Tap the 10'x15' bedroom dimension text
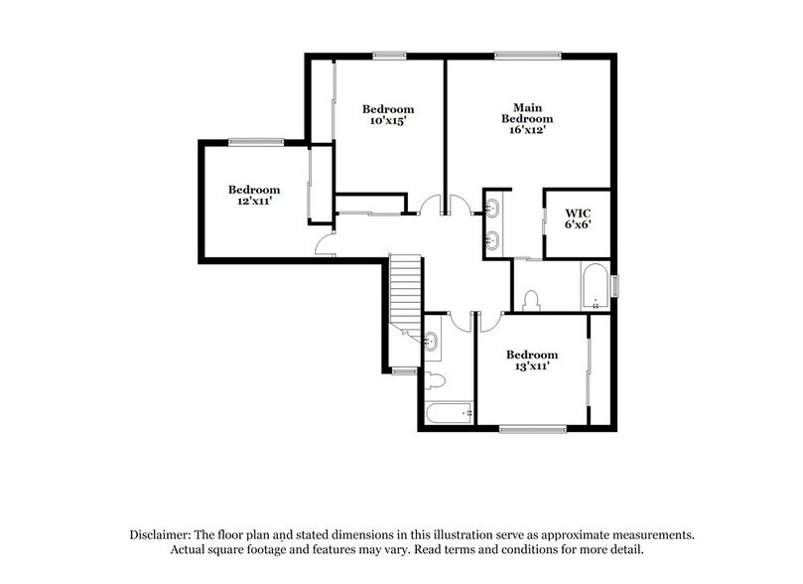387,121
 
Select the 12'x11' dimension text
254,202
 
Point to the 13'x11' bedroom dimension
531,367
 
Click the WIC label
578,213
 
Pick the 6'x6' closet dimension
578,225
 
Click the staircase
405,288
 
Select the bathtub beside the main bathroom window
593,288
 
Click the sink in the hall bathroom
434,343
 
